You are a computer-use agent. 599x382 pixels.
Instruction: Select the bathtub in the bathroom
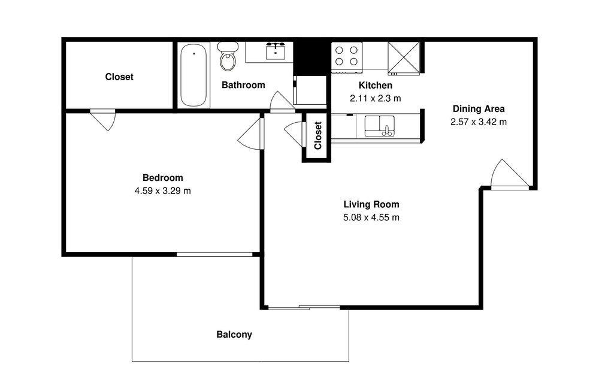click(193, 75)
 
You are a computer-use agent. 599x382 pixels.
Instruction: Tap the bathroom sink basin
click(275, 52)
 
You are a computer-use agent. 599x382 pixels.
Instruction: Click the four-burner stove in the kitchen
click(346, 57)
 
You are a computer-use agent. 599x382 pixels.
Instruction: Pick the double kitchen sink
click(380, 126)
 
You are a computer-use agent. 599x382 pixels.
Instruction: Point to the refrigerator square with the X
click(403, 57)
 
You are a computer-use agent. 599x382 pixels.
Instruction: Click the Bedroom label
click(163, 178)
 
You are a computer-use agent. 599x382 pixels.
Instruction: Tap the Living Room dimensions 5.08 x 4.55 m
click(371, 218)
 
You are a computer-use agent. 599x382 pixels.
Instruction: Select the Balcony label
click(234, 335)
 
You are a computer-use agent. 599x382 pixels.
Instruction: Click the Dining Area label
click(479, 109)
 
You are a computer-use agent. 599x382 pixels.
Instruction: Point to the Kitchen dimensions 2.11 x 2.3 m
click(376, 99)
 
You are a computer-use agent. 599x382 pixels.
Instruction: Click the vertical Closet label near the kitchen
click(318, 135)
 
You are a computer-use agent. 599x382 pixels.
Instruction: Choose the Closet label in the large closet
click(119, 77)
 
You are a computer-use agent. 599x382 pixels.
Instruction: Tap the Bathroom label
click(243, 85)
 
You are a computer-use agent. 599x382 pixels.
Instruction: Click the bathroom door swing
click(282, 102)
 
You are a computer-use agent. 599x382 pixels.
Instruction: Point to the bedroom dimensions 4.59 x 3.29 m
click(163, 190)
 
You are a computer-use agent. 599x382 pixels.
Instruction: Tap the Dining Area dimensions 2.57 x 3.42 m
click(479, 122)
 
